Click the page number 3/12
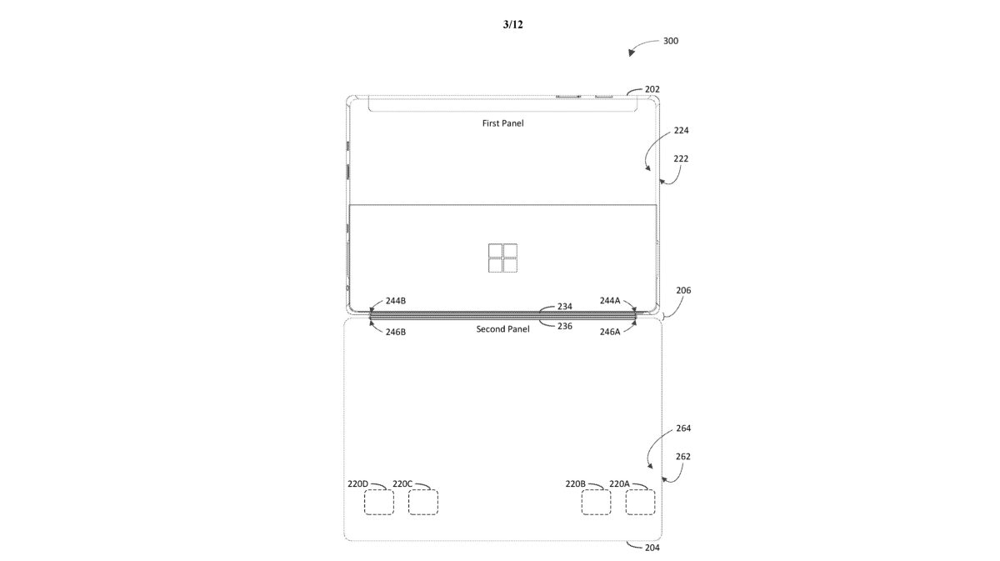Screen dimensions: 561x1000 (512, 25)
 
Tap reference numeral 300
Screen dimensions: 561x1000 (670, 40)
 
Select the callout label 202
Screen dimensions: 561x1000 (653, 89)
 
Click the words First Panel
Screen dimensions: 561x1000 (502, 123)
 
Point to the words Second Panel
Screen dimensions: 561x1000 (502, 329)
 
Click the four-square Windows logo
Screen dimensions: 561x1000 (502, 258)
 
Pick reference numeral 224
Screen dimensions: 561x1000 (682, 131)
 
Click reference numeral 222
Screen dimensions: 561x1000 (682, 158)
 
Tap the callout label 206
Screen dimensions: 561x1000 (683, 291)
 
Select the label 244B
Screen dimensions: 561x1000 (396, 301)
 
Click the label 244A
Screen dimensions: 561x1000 (610, 301)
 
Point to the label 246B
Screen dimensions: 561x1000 (396, 331)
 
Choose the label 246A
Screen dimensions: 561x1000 (610, 331)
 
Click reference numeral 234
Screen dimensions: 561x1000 (565, 307)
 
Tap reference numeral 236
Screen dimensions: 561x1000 (565, 326)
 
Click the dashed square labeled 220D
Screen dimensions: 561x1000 (379, 503)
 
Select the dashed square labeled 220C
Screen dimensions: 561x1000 (423, 503)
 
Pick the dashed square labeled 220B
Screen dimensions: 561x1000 (596, 503)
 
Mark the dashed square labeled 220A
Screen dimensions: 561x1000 (640, 503)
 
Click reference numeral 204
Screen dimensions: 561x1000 (653, 548)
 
